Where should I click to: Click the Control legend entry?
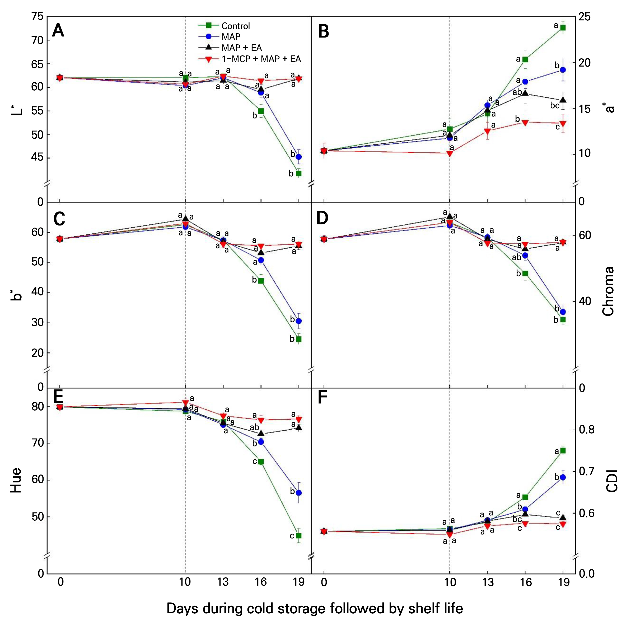tap(224, 26)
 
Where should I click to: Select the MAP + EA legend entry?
tap(230, 48)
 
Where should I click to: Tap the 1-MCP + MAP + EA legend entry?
tap(250, 59)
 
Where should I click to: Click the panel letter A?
tap(58, 31)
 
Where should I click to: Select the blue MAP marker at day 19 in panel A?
tap(298, 157)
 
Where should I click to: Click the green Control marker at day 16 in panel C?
tap(261, 281)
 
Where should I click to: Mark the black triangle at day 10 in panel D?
tap(450, 216)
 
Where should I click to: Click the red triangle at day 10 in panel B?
tap(450, 153)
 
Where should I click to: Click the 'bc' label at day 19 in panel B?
tap(555, 106)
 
